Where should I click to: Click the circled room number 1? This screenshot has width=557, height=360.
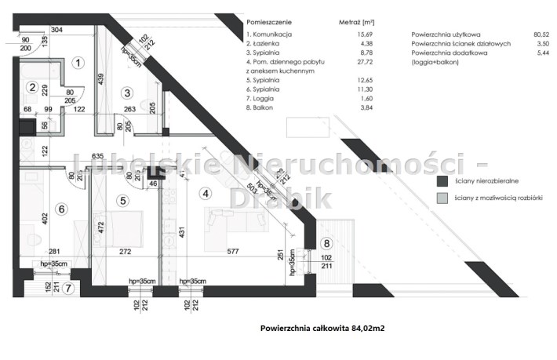point(77,62)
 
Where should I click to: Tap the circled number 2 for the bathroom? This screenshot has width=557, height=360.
point(33,88)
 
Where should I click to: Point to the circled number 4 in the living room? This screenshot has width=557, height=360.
point(206,192)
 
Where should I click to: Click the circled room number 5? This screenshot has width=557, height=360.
point(122,200)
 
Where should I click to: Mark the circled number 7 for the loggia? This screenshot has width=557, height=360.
point(69,289)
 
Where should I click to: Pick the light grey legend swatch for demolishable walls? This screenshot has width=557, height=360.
point(442,200)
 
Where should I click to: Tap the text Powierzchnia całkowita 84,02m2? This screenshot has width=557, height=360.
point(322,329)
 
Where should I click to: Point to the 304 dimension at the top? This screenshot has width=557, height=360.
point(56,30)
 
